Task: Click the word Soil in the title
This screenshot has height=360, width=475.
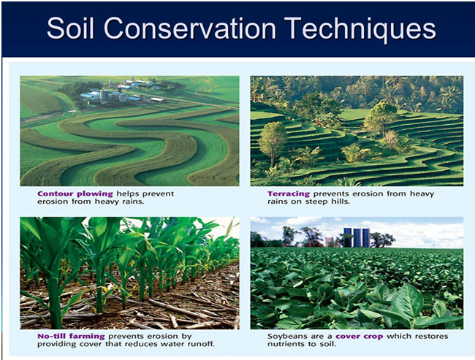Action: pos(70,28)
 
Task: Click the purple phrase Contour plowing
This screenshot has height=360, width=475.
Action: pos(75,194)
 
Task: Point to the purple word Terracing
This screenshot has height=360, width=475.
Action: pos(289,194)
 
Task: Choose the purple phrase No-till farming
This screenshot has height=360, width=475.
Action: pos(71,336)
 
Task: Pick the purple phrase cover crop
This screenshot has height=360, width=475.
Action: pos(360,337)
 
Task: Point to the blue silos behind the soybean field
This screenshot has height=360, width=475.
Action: pos(357,237)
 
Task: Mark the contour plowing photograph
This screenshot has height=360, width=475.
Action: pos(129,131)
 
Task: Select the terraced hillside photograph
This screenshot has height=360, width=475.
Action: pos(357,131)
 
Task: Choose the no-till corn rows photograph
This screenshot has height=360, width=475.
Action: pos(129,273)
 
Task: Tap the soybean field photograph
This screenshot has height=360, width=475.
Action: pos(357,273)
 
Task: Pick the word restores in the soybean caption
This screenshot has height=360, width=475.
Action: pos(432,337)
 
